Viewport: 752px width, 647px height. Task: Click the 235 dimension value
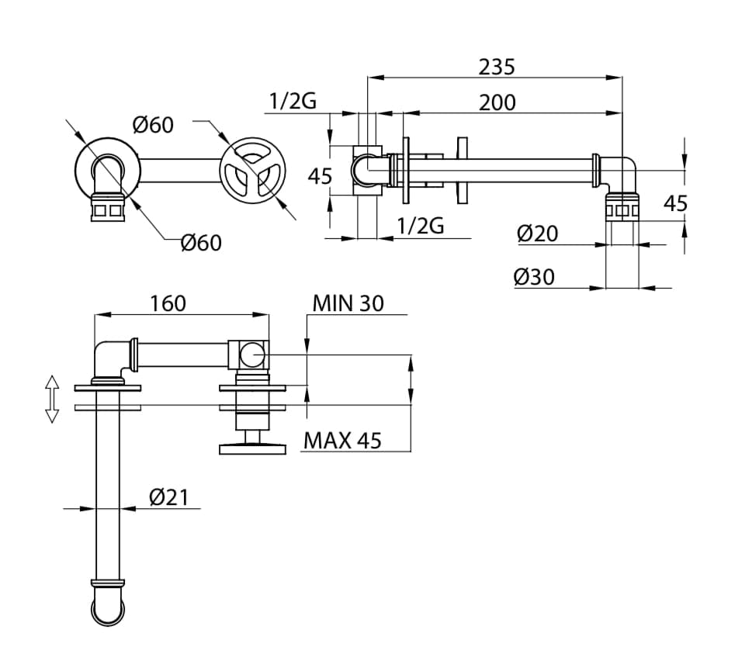pyautogui.click(x=497, y=67)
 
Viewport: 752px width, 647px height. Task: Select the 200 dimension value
pyautogui.click(x=497, y=102)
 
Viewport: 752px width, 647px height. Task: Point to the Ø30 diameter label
pyautogui.click(x=535, y=276)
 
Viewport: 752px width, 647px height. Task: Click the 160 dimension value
pyautogui.click(x=168, y=303)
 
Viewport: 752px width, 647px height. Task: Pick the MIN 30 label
pyautogui.click(x=348, y=303)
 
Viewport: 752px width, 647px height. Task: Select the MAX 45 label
pyautogui.click(x=343, y=441)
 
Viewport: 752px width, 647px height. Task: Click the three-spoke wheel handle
pyautogui.click(x=253, y=171)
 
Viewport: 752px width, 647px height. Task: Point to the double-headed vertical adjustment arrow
pyautogui.click(x=52, y=399)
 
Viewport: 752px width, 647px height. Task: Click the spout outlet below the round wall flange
pyautogui.click(x=107, y=209)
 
